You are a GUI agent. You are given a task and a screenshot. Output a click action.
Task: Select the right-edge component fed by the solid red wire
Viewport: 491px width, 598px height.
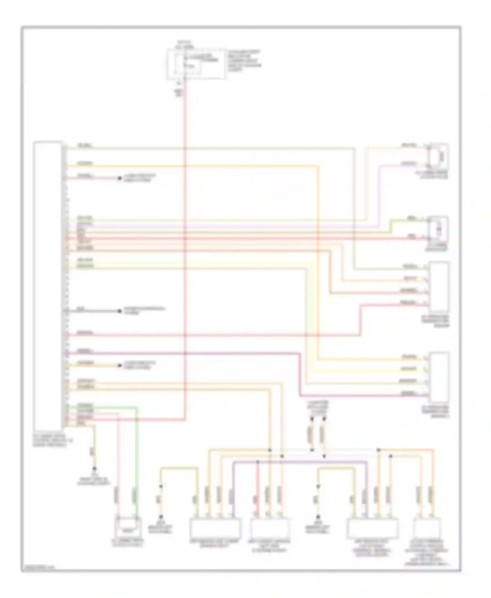pyautogui.click(x=439, y=229)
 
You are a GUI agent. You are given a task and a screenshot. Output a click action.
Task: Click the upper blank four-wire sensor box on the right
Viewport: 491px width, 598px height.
pyautogui.click(x=439, y=286)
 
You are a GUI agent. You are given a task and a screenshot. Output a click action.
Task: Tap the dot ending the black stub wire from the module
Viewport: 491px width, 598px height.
pyautogui.click(x=120, y=311)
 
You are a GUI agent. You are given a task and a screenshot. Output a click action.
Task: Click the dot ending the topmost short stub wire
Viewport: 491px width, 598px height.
pyautogui.click(x=120, y=178)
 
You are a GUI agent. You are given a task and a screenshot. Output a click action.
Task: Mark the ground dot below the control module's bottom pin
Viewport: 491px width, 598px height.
pyautogui.click(x=95, y=468)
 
